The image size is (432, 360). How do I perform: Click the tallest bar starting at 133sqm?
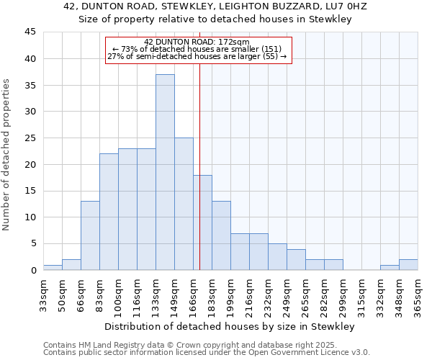tap(165, 172)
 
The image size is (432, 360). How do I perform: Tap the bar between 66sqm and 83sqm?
tap(90, 235)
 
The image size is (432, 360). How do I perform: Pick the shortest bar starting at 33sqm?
tap(53, 267)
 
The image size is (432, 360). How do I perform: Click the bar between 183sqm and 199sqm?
tap(221, 235)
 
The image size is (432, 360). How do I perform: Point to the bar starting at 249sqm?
tap(296, 259)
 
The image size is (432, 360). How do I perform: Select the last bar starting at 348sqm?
tap(408, 264)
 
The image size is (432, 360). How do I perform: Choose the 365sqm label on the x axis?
tap(418, 294)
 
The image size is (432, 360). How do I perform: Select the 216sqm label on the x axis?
tap(259, 294)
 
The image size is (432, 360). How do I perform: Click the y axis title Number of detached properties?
tap(7, 155)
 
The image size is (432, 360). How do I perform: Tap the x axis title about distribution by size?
tap(230, 327)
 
